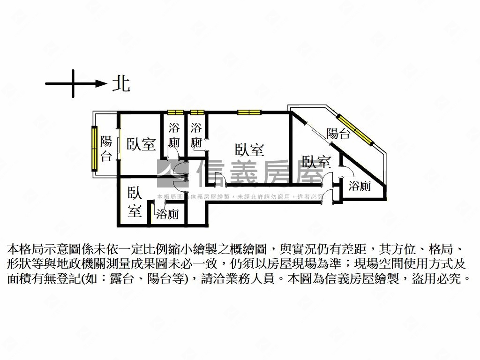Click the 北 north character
tap(121, 84)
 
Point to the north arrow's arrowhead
tap(101, 83)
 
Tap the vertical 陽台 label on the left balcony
tap(106, 148)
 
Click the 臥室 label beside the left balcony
tap(141, 144)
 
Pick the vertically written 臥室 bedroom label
tap(135, 202)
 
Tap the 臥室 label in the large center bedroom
tap(249, 150)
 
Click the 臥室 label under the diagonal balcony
tap(316, 162)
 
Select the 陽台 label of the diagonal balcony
tap(338, 134)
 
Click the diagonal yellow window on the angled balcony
tap(355, 127)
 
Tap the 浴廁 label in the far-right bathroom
tap(360, 186)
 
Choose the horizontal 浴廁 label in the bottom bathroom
tap(167, 215)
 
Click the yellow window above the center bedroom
tap(248, 112)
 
